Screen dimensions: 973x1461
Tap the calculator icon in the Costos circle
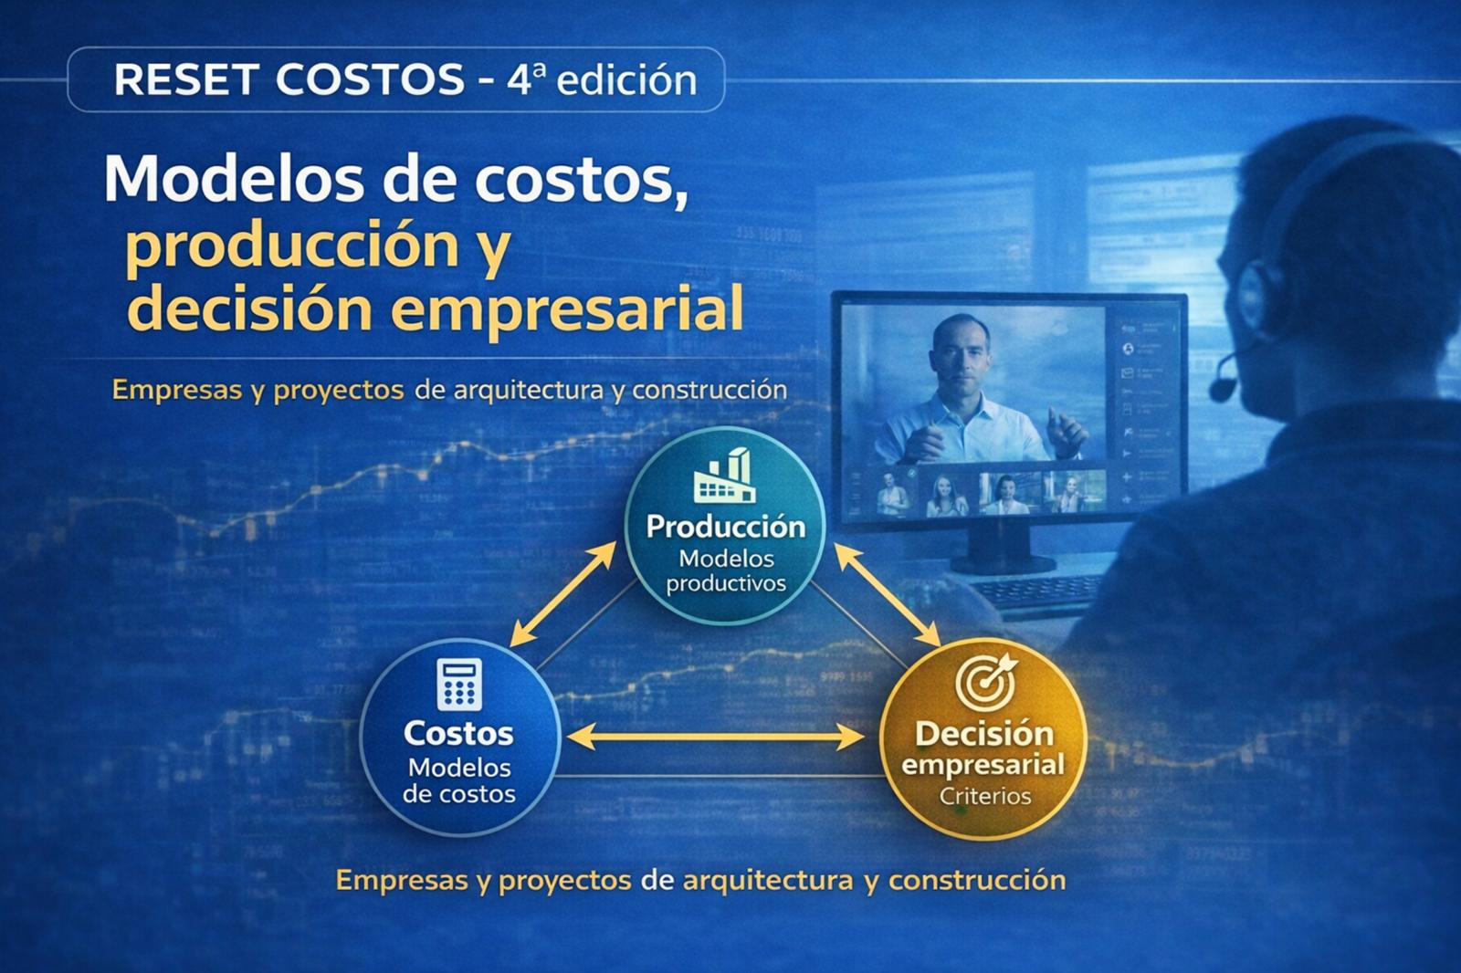(459, 685)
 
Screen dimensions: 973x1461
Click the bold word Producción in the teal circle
(726, 527)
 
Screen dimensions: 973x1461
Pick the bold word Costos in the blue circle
(458, 733)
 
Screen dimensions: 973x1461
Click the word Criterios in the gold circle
(985, 796)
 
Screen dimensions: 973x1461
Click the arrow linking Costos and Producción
(563, 593)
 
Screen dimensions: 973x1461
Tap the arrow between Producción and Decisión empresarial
(887, 594)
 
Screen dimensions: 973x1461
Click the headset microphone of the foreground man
(1222, 387)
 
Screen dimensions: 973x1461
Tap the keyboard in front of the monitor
(1041, 593)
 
